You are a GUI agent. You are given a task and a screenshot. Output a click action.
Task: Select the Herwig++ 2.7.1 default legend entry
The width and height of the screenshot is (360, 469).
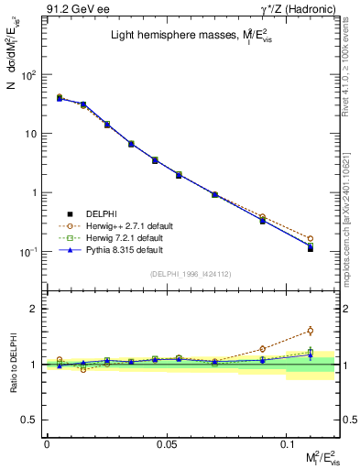[x=117, y=225]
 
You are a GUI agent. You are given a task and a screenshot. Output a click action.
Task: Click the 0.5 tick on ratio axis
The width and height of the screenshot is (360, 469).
[x=29, y=420]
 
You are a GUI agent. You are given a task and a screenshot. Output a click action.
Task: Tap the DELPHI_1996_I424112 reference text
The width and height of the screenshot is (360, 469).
[x=191, y=274]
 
